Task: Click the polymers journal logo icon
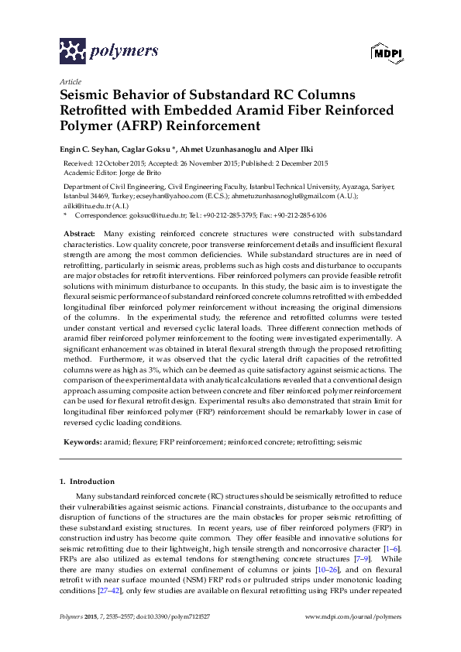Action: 73,51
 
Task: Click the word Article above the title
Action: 71,81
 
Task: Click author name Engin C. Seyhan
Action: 94,149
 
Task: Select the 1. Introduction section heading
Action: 87,481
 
